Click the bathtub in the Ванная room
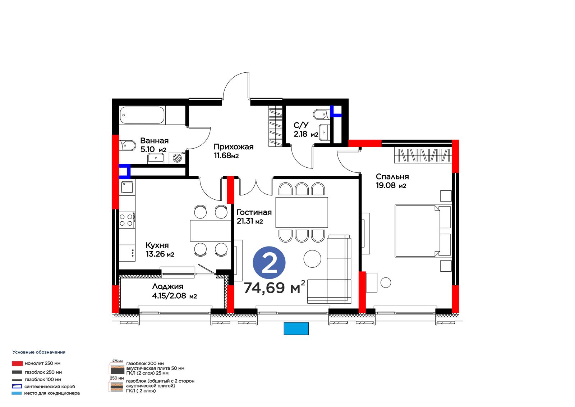pyautogui.click(x=142, y=115)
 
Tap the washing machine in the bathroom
pyautogui.click(x=177, y=158)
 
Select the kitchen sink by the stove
pyautogui.click(x=127, y=187)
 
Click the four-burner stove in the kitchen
pyautogui.click(x=127, y=220)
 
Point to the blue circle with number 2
pyautogui.click(x=269, y=263)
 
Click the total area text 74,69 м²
pyautogui.click(x=275, y=287)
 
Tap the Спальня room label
pyautogui.click(x=392, y=177)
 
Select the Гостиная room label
pyautogui.click(x=254, y=212)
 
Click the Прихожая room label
pyautogui.click(x=234, y=147)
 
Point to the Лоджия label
pyautogui.click(x=167, y=286)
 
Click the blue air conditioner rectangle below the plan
pyautogui.click(x=296, y=329)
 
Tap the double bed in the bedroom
pyautogui.click(x=423, y=231)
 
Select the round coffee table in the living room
pyautogui.click(x=312, y=259)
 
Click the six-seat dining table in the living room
pyautogui.click(x=302, y=212)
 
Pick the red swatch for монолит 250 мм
pyautogui.click(x=17, y=363)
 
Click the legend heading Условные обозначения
pyautogui.click(x=39, y=352)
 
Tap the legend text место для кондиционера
pyautogui.click(x=52, y=393)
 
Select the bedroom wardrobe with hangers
pyautogui.click(x=423, y=155)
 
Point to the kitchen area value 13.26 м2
pyautogui.click(x=160, y=254)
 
